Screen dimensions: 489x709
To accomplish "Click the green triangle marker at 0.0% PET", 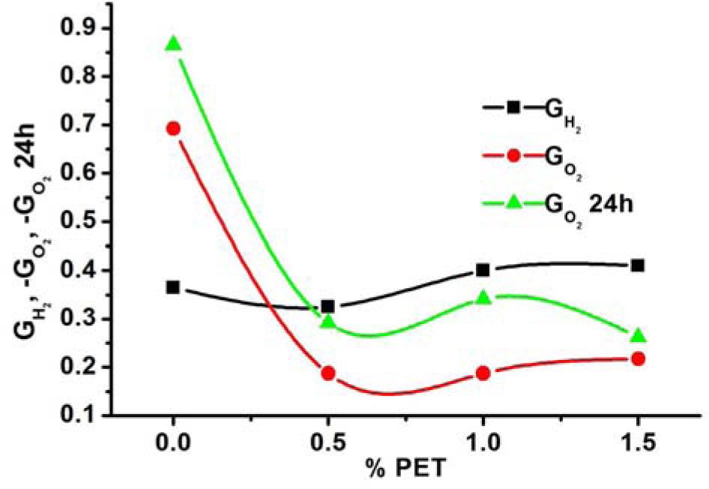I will (x=173, y=45).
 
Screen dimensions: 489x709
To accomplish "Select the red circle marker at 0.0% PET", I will (x=173, y=128).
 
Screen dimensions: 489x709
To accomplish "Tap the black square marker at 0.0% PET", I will (x=173, y=287).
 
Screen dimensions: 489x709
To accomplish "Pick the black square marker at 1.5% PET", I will (x=638, y=265).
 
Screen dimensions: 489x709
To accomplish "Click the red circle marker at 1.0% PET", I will (x=483, y=373).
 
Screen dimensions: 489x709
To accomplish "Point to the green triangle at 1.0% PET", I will (x=483, y=298).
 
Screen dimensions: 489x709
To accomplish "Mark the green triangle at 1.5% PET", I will (x=638, y=336).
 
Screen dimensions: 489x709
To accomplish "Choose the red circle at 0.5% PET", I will (x=328, y=373).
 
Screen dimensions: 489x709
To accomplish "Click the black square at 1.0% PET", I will (x=483, y=270).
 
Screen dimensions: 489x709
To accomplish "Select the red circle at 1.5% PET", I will (x=638, y=358).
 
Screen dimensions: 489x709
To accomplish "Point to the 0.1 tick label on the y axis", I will (x=88, y=415).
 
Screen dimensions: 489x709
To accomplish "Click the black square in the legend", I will (x=513, y=107).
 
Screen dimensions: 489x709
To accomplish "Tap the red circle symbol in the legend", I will (x=513, y=156).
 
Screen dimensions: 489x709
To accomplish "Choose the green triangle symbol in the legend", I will (x=513, y=202).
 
